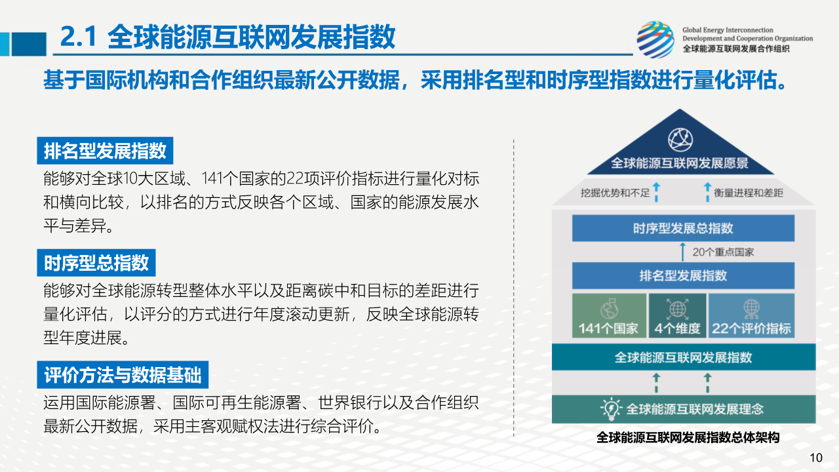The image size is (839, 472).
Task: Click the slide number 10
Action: (816, 458)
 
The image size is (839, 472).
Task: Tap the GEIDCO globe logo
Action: (655, 39)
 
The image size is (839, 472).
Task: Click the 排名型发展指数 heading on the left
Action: (105, 151)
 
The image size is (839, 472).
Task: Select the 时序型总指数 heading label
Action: (96, 263)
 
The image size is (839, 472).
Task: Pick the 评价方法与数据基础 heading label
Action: (123, 374)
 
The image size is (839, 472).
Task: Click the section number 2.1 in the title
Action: (78, 36)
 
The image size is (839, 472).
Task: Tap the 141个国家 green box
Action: (609, 315)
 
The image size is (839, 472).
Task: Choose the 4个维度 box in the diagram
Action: (677, 315)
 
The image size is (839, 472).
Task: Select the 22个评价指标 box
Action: (751, 315)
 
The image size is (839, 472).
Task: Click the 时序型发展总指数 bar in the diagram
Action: (683, 227)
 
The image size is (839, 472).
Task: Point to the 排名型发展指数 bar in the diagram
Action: (683, 275)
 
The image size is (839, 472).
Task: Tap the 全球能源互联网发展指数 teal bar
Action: (684, 357)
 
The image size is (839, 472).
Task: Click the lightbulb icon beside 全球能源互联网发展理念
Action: (611, 408)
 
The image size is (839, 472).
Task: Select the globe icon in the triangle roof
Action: (680, 140)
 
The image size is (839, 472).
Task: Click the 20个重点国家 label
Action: (723, 252)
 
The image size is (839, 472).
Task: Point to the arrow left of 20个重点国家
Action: (682, 252)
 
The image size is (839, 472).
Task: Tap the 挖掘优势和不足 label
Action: (615, 193)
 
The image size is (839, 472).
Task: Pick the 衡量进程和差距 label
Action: (749, 193)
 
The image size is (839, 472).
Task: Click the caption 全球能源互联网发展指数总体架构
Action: (688, 437)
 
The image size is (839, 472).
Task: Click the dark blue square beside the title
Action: (29, 44)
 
